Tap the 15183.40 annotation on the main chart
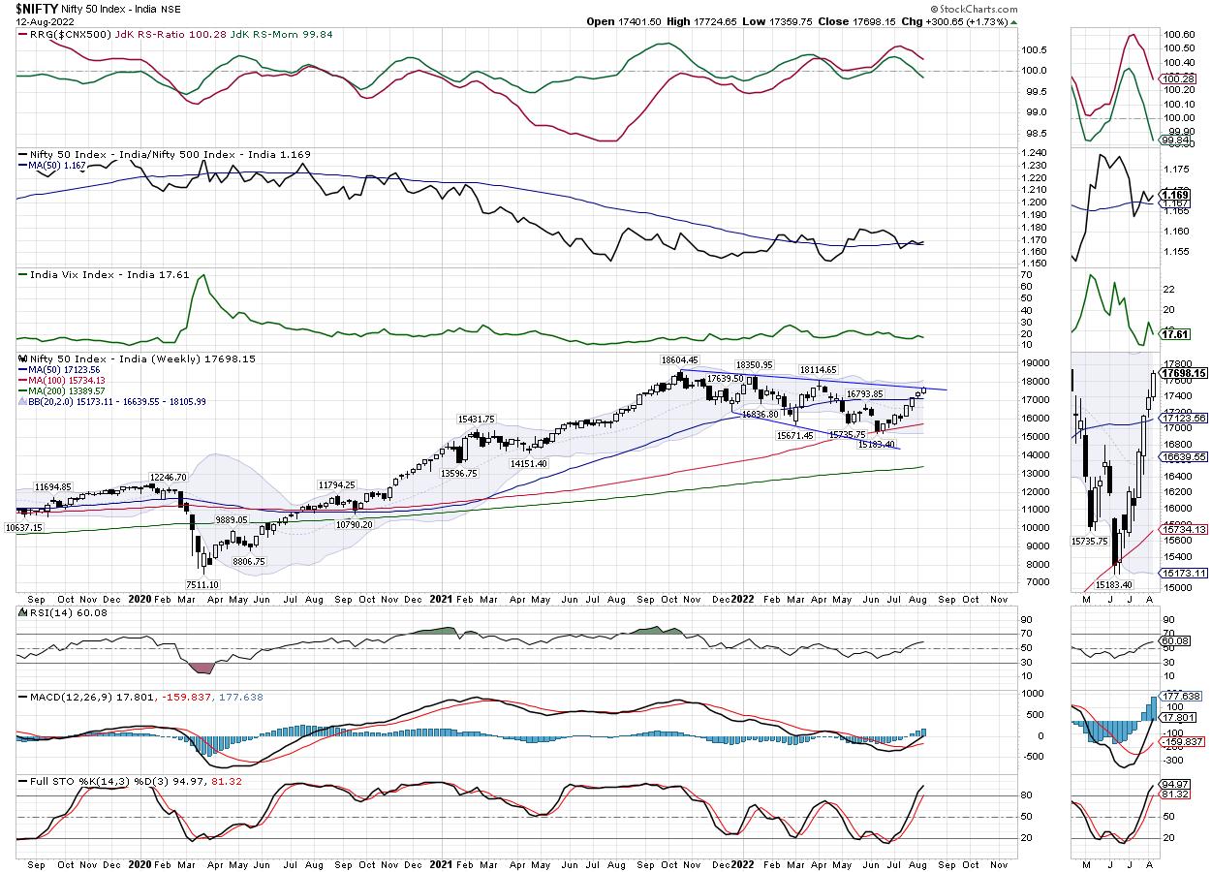coord(877,444)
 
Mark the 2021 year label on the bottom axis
coord(441,863)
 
